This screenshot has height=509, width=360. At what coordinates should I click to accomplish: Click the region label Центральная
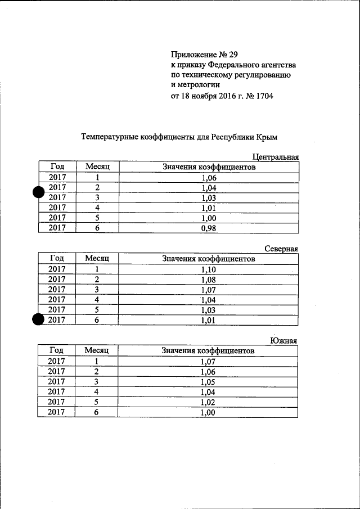(x=275, y=157)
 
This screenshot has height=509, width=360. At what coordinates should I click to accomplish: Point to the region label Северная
(x=281, y=249)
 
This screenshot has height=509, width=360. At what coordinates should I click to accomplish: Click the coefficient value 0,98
(x=208, y=228)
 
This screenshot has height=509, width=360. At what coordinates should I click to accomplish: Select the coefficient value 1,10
(x=208, y=269)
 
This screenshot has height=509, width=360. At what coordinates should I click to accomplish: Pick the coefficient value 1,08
(x=208, y=280)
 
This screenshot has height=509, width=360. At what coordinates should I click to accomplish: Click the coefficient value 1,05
(x=208, y=382)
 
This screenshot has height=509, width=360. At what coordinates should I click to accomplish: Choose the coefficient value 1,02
(x=208, y=402)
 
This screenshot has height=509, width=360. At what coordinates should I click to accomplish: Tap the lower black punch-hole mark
(x=39, y=320)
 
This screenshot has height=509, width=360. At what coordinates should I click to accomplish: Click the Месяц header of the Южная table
(x=97, y=351)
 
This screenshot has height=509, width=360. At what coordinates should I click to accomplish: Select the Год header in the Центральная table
(x=57, y=167)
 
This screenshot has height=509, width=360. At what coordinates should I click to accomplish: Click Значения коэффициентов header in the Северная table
(x=208, y=259)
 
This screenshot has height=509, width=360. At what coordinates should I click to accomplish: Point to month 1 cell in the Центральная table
(x=97, y=178)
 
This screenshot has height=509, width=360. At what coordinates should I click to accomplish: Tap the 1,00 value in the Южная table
(x=208, y=412)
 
